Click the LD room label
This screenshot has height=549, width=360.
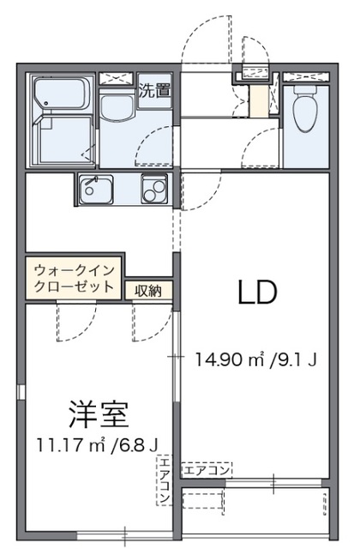tap(256, 294)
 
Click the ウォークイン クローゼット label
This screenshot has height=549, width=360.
tap(74, 278)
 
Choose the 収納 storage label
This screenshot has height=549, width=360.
tap(148, 291)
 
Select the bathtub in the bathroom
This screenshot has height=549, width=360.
tap(64, 94)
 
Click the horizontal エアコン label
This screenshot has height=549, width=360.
tap(207, 470)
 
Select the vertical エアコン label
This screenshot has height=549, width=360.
tap(164, 481)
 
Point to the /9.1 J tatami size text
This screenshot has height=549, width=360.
tap(296, 359)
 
